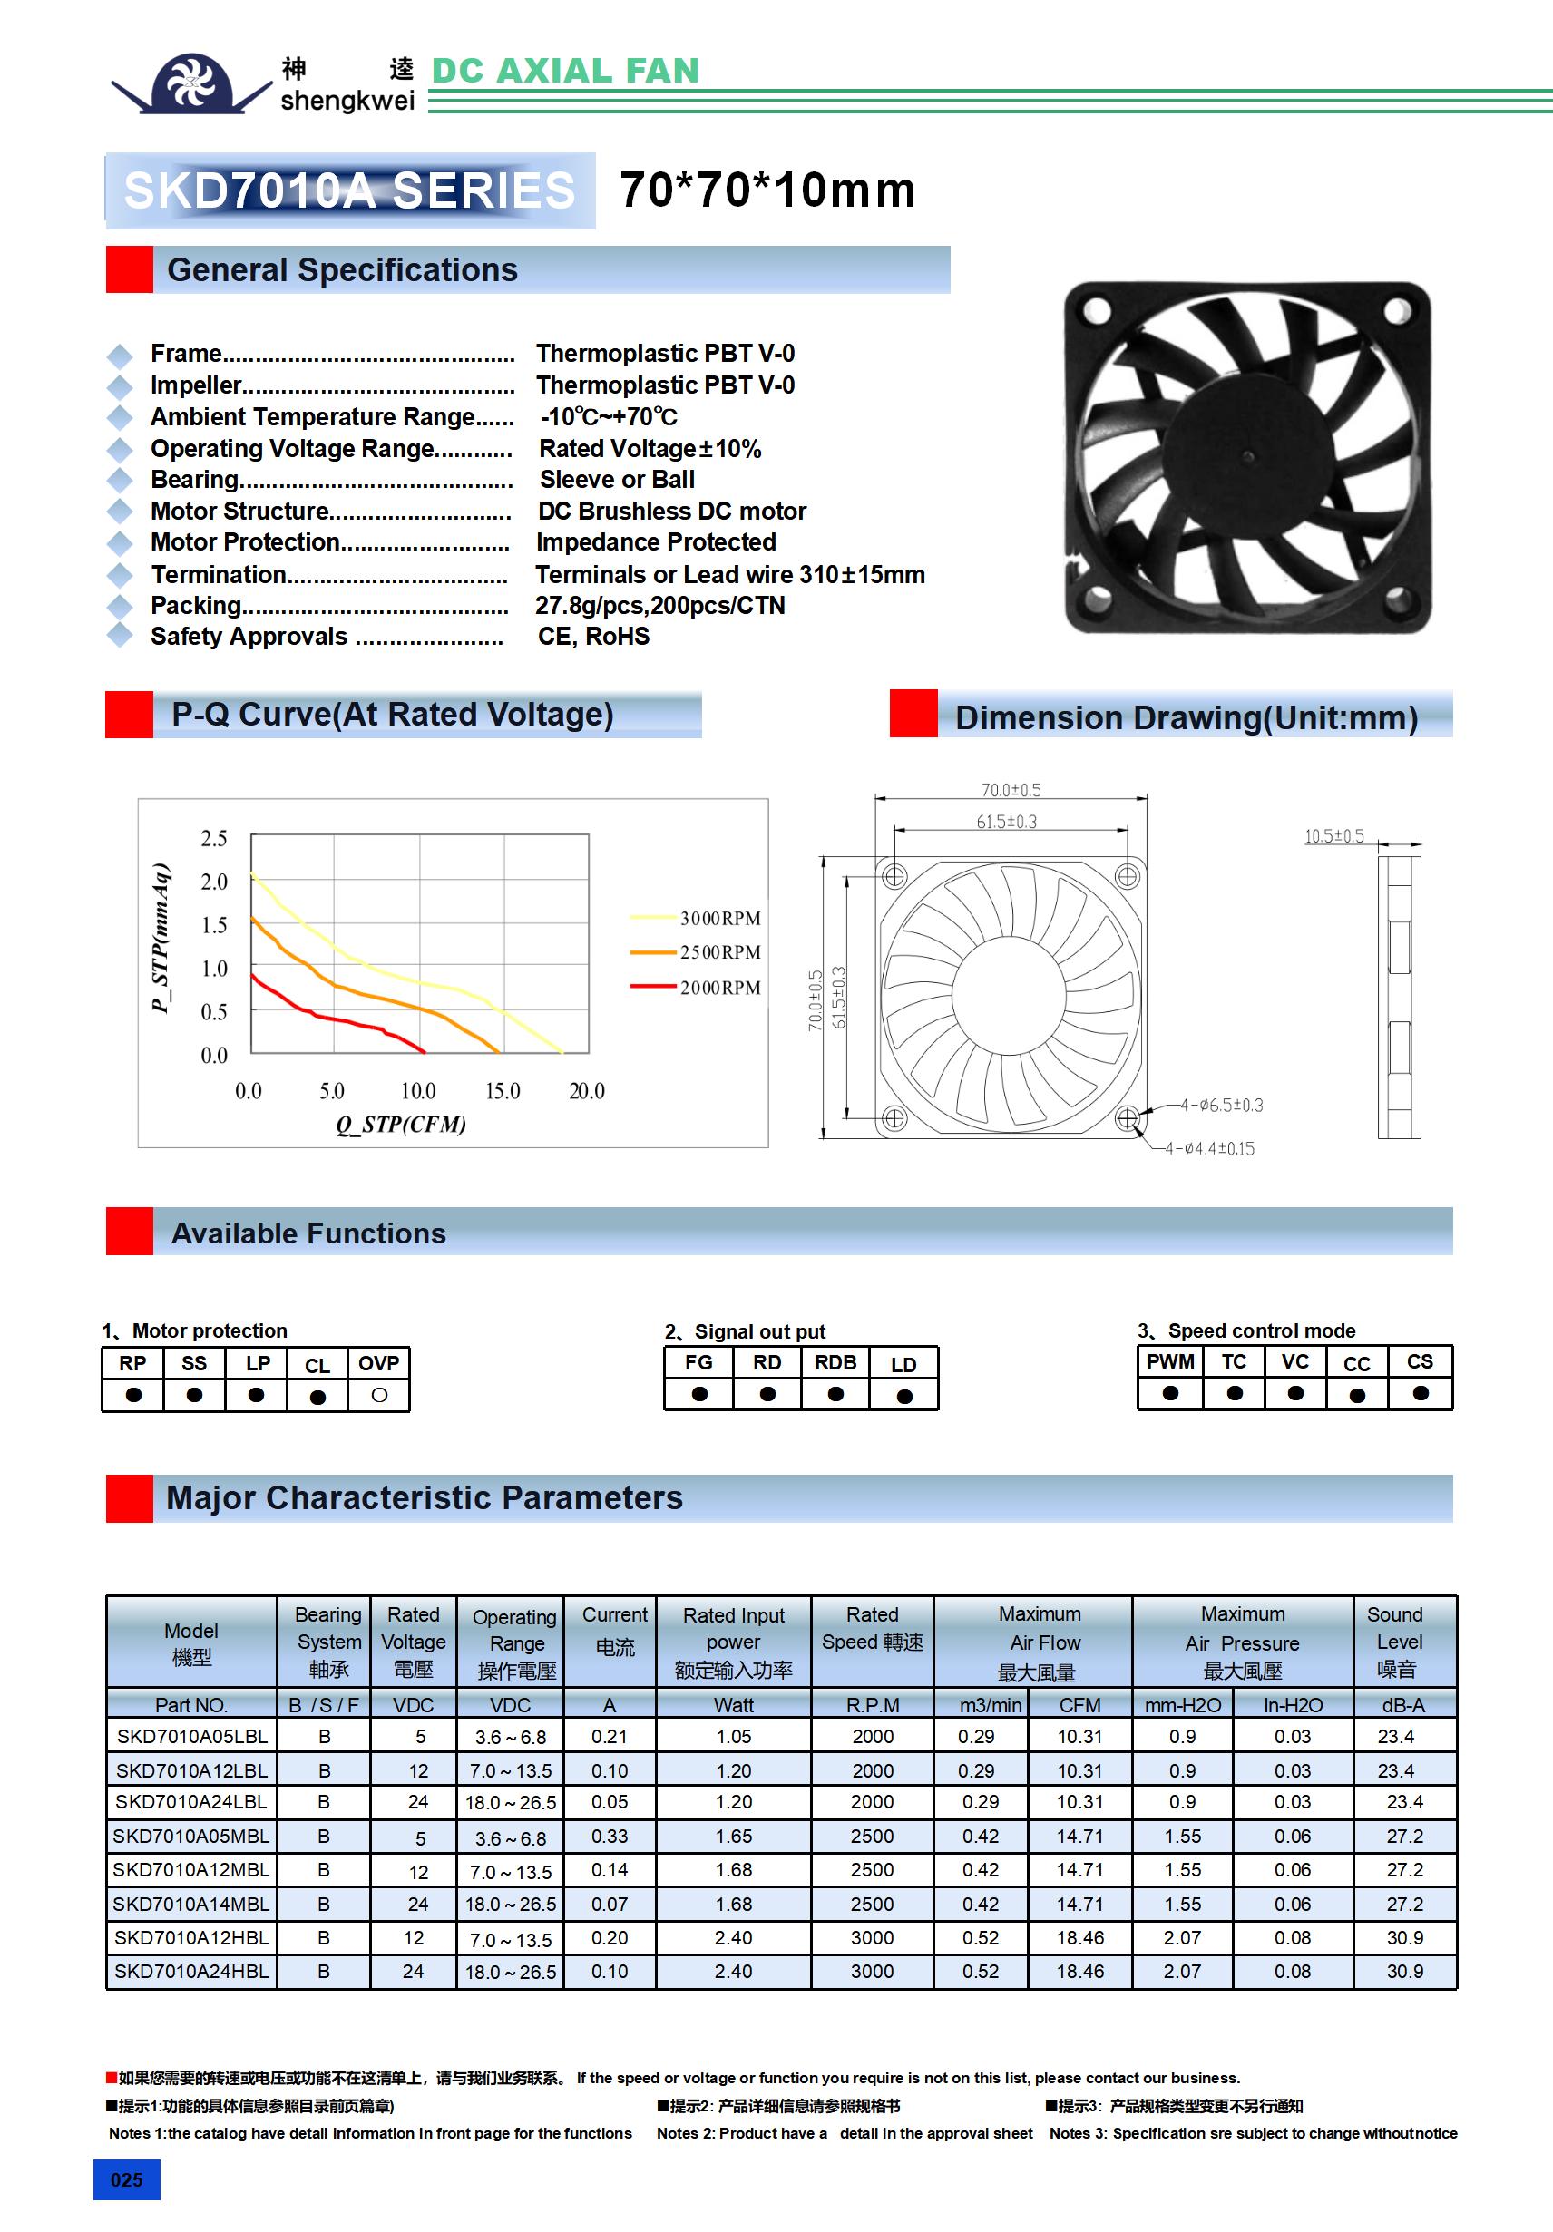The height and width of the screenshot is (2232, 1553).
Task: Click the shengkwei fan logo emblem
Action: click(190, 83)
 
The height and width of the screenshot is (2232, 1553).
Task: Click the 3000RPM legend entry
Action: click(719, 919)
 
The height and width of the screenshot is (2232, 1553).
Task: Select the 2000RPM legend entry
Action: click(719, 988)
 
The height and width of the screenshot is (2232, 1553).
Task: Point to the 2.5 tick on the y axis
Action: click(214, 839)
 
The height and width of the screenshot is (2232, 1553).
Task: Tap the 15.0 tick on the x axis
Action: click(503, 1092)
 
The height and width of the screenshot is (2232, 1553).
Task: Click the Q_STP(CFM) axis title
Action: click(401, 1125)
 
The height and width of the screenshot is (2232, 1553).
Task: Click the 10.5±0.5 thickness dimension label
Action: click(1333, 836)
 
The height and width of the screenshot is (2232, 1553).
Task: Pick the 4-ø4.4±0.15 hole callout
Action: click(1210, 1149)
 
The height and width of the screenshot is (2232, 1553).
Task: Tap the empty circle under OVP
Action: click(379, 1395)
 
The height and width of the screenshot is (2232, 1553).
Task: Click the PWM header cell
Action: click(1170, 1362)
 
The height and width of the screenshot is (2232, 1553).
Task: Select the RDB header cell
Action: click(835, 1363)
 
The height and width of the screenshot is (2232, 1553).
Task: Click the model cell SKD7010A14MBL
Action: click(190, 1904)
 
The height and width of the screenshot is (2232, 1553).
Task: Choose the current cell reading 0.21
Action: click(610, 1736)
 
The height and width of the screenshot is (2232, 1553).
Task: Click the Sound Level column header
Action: click(1395, 1642)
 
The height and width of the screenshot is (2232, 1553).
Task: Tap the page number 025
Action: click(126, 2179)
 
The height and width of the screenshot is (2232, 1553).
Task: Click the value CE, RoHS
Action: click(593, 637)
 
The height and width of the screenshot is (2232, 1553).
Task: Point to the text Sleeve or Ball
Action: click(617, 479)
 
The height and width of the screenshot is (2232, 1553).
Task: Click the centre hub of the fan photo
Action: click(1248, 457)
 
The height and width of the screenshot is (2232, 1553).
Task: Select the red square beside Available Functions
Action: click(130, 1231)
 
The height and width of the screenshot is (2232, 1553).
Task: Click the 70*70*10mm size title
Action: click(767, 190)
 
